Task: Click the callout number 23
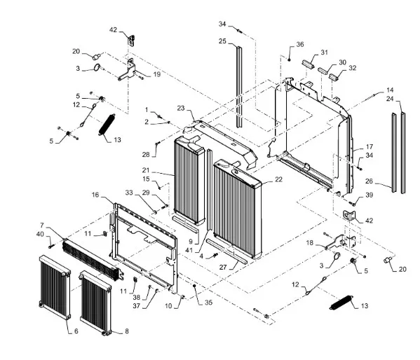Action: (x=181, y=108)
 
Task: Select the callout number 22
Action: (x=278, y=179)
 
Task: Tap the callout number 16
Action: (x=95, y=195)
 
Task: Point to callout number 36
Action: (x=300, y=44)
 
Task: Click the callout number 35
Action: (x=208, y=303)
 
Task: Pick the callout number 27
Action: (x=223, y=267)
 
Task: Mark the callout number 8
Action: (x=127, y=331)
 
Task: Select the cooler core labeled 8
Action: (x=95, y=303)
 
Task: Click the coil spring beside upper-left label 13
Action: (x=107, y=125)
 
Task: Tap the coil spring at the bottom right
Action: (x=341, y=303)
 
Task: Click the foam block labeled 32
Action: (x=334, y=76)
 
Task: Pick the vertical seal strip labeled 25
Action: (x=239, y=87)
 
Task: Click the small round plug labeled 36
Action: (x=290, y=59)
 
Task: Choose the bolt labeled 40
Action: (x=51, y=245)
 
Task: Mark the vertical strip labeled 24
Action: (x=403, y=153)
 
